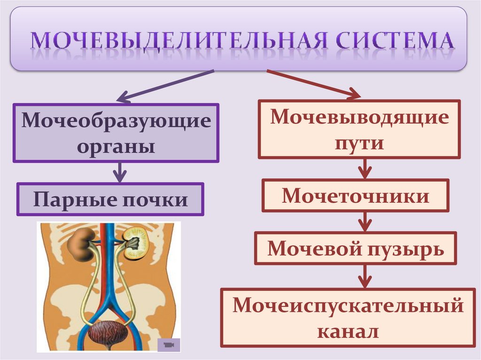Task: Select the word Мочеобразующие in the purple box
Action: point(116,121)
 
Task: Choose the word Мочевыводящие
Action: point(359,117)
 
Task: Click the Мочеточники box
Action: point(355,195)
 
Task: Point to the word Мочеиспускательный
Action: point(348,306)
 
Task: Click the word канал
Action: point(348,331)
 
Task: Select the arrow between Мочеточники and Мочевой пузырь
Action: point(364,221)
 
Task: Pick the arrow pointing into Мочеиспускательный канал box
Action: point(364,276)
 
